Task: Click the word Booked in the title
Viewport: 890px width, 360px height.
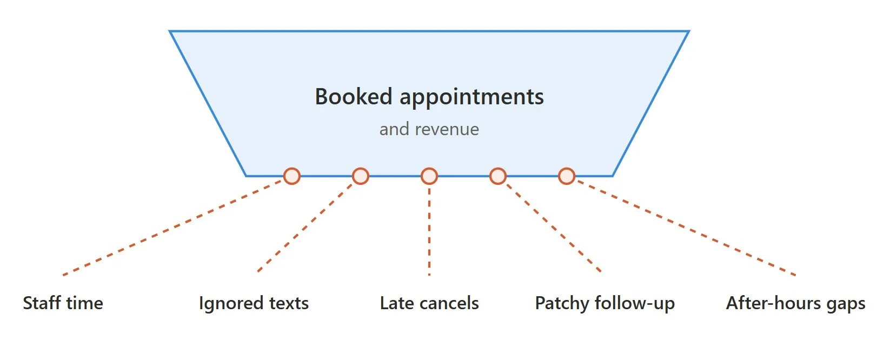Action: [354, 97]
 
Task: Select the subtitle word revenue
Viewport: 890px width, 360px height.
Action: [447, 130]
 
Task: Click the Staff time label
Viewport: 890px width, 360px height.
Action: [63, 303]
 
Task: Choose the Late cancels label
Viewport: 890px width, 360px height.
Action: [429, 303]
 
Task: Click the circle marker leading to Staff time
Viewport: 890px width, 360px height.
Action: [292, 176]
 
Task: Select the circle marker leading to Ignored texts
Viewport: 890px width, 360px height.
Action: [361, 176]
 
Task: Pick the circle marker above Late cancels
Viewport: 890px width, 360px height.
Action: [429, 176]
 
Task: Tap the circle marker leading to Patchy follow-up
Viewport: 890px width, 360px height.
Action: [498, 176]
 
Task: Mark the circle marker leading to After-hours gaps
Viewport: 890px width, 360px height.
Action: [567, 176]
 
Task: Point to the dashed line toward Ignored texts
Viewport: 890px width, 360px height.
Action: [305, 227]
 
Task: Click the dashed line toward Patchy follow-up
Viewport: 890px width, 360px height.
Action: [554, 227]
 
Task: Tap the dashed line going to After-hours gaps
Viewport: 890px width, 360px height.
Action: [686, 228]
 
